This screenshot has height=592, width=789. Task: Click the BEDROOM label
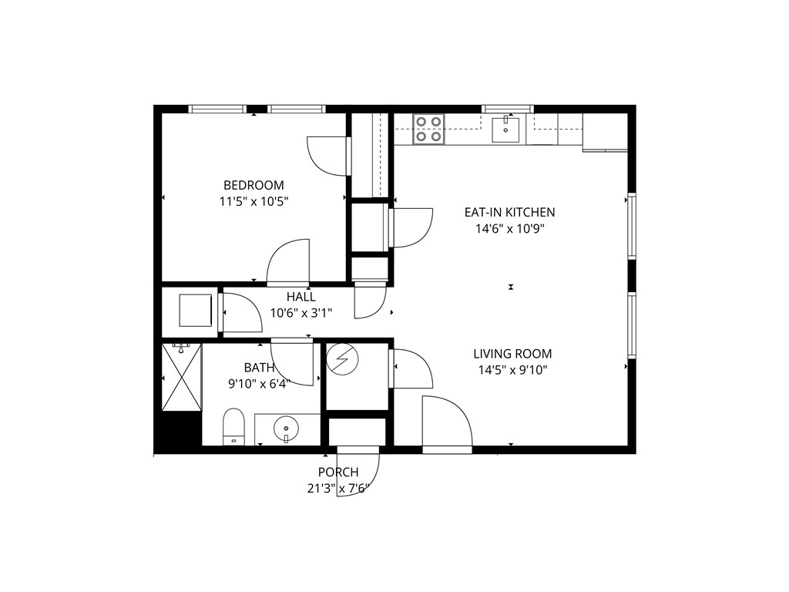pos(253,185)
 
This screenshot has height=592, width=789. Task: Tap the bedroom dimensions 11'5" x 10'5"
pos(253,201)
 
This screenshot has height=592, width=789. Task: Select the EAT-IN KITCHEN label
pos(509,212)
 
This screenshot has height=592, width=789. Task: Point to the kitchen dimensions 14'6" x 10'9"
pos(509,228)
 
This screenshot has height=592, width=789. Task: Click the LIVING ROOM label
pos(512,354)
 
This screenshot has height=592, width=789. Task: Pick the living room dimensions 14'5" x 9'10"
pos(512,369)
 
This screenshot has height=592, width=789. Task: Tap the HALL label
pos(300,297)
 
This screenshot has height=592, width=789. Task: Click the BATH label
pos(259,368)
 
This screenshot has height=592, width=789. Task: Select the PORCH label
pos(338,472)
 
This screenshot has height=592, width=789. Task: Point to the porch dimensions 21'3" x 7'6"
pos(338,487)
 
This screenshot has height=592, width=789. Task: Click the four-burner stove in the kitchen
pos(429,129)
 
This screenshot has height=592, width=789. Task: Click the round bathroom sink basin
pos(287,426)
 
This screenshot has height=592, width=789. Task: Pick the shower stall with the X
pos(182,378)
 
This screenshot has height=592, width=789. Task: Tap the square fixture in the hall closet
pos(196,311)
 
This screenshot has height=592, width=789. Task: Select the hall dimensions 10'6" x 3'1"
pos(300,313)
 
